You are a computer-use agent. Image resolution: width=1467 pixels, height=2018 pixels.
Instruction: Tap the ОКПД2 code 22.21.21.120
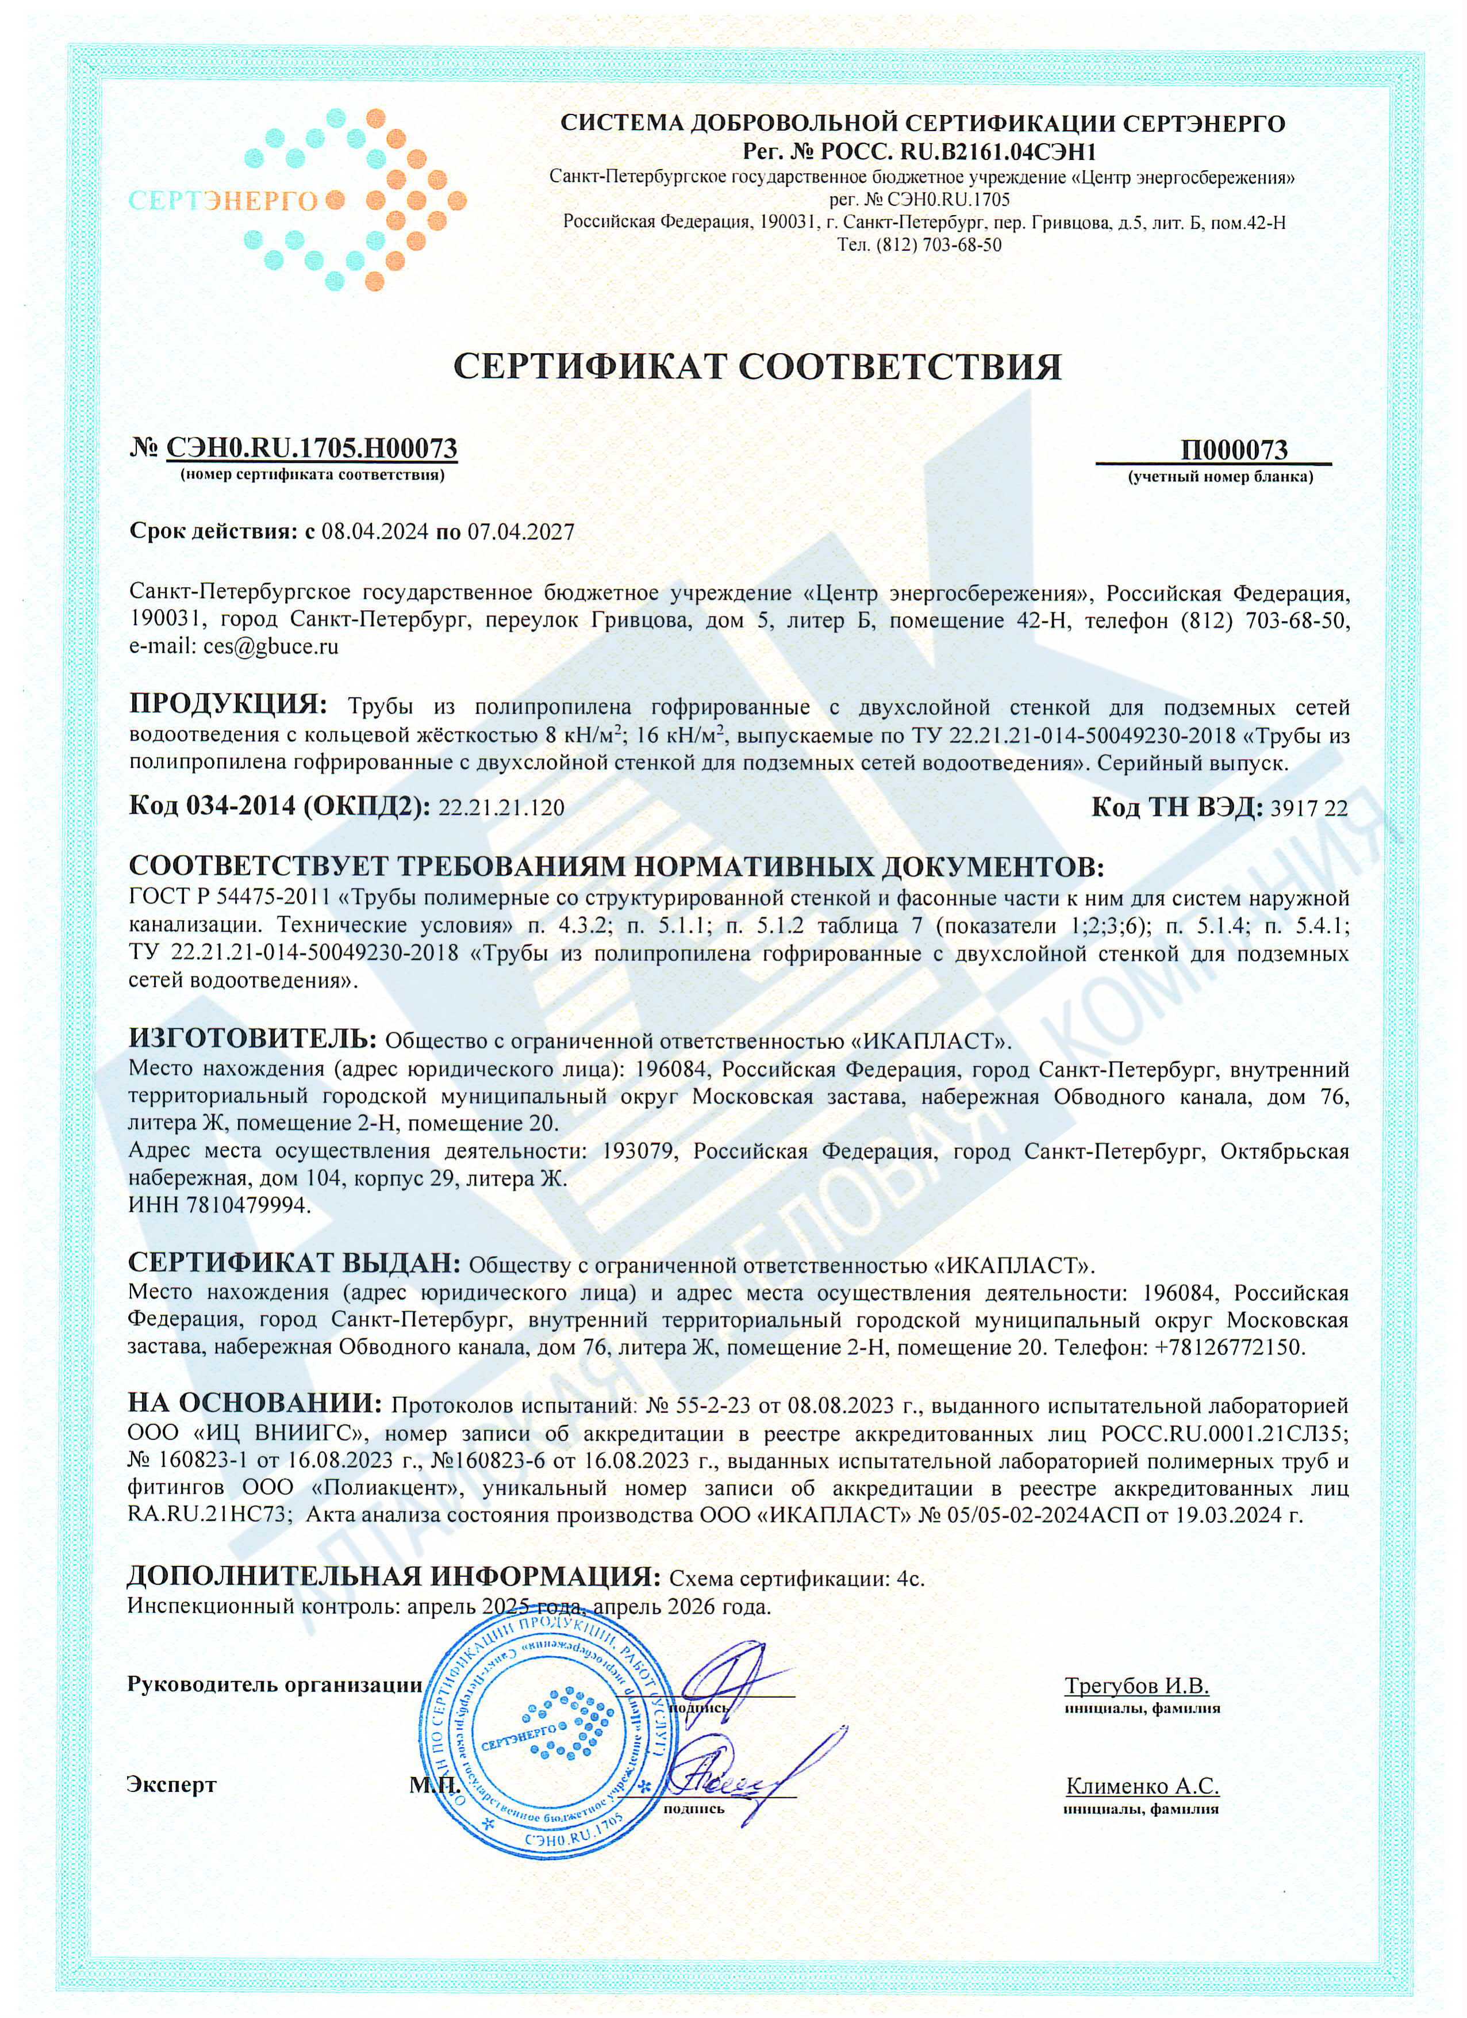coord(502,808)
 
